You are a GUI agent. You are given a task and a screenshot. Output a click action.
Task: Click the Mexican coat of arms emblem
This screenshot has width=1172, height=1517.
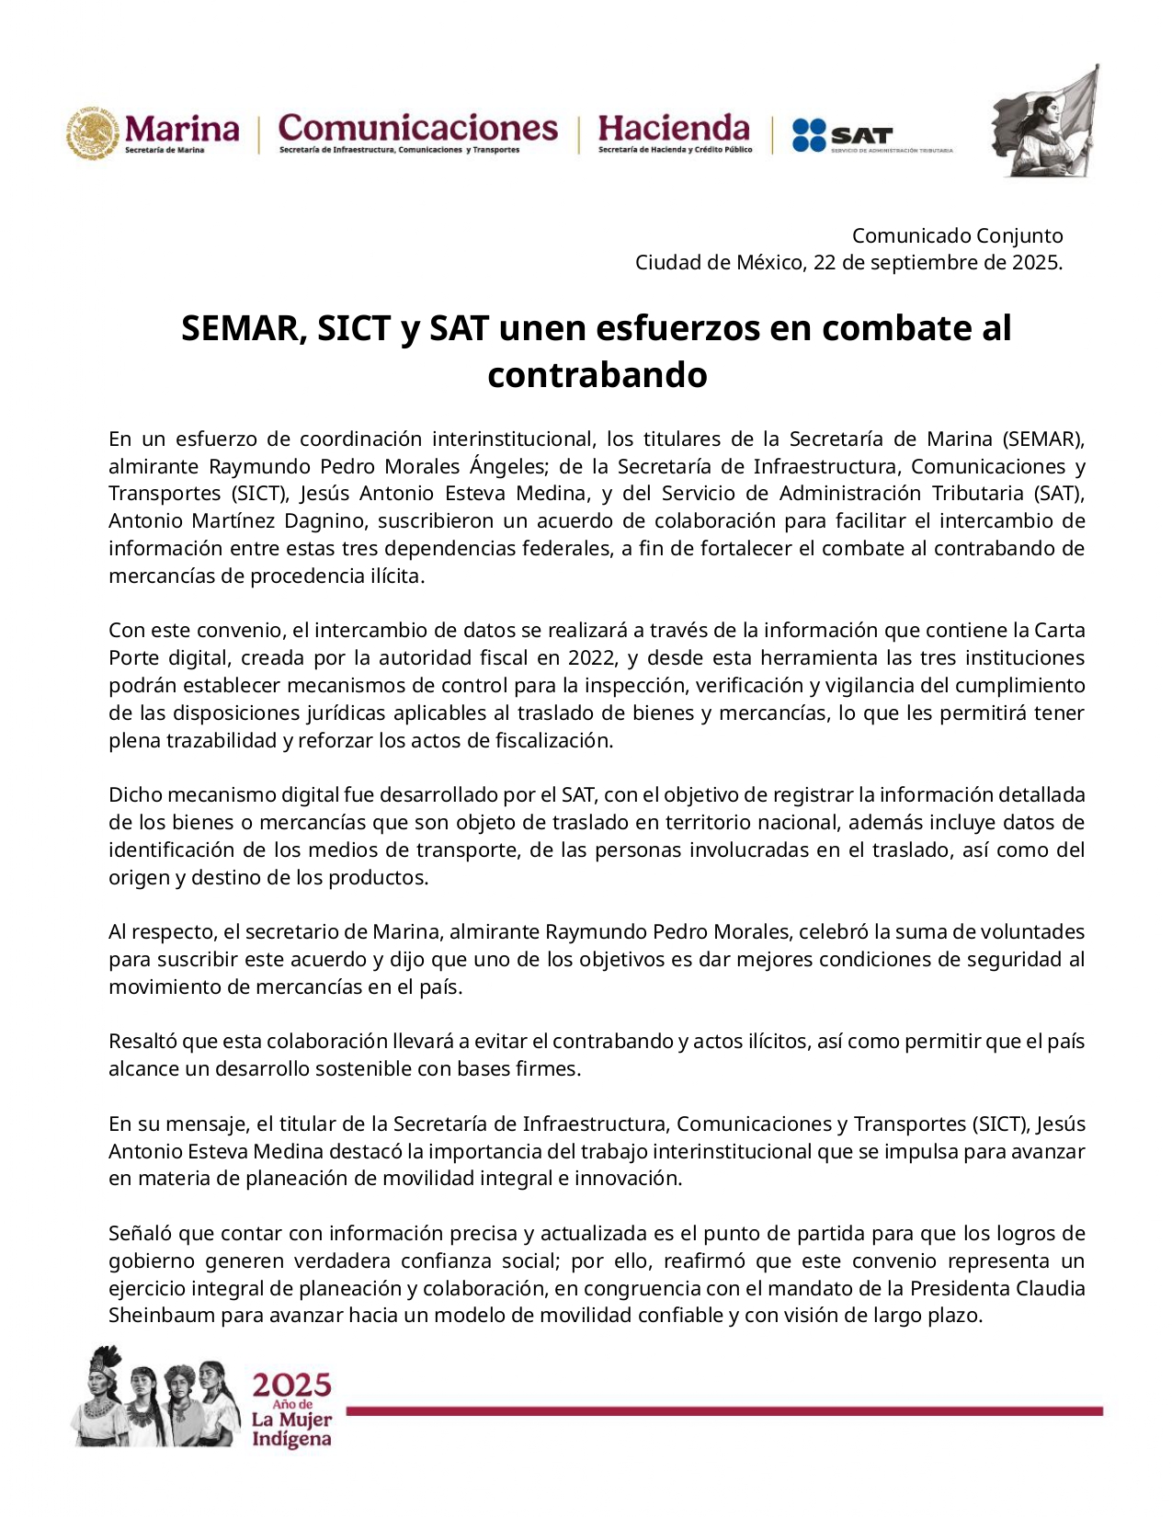click(93, 133)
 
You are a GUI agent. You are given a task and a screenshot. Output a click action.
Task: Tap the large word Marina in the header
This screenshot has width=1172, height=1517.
click(182, 129)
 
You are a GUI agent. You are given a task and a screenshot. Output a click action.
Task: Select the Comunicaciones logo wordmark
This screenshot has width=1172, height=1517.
click(417, 128)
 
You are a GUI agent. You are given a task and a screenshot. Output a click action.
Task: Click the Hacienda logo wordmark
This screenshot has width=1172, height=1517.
click(674, 128)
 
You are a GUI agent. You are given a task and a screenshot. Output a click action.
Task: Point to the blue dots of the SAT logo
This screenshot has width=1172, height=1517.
click(809, 135)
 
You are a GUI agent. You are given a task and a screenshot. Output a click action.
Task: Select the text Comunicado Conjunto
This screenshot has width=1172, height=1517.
click(957, 235)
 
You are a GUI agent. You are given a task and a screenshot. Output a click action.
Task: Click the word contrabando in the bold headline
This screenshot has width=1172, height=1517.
click(597, 375)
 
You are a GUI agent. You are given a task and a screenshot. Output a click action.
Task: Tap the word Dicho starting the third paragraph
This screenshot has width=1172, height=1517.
click(135, 795)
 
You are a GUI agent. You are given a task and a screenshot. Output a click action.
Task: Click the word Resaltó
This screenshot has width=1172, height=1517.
click(142, 1042)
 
